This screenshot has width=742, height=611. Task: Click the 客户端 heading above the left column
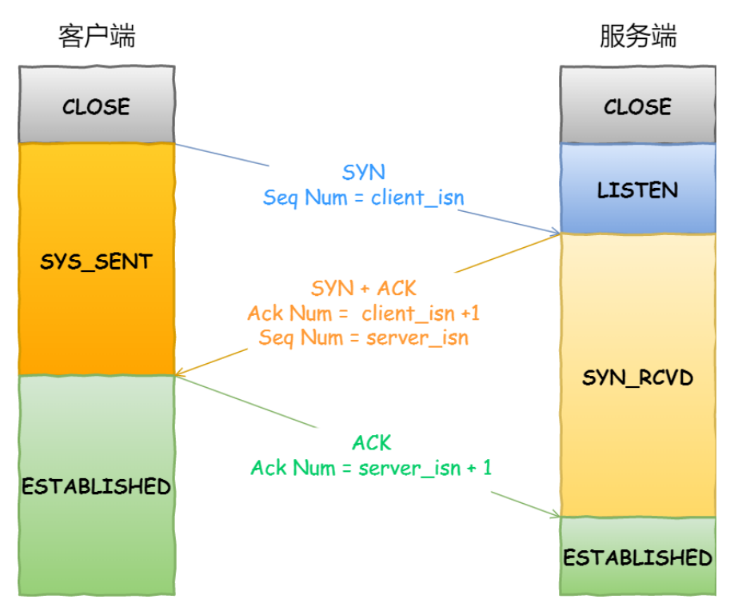pyautogui.click(x=97, y=36)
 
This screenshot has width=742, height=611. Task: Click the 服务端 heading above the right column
pyautogui.click(x=638, y=36)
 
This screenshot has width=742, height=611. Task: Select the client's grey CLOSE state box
pyautogui.click(x=97, y=105)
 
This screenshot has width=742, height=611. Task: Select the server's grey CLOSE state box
pyautogui.click(x=638, y=105)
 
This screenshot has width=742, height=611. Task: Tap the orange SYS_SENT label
pyautogui.click(x=97, y=262)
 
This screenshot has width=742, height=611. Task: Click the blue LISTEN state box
pyautogui.click(x=638, y=189)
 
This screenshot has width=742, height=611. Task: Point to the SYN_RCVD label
pyautogui.click(x=638, y=377)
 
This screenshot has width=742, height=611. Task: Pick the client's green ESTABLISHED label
pyautogui.click(x=97, y=486)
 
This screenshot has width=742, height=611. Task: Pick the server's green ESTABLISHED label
pyautogui.click(x=638, y=557)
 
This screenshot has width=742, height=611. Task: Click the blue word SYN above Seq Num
pyautogui.click(x=364, y=172)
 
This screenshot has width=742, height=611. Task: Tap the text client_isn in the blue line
pyautogui.click(x=417, y=198)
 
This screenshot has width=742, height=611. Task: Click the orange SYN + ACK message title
pyautogui.click(x=364, y=288)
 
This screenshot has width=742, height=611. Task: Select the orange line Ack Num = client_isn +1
pyautogui.click(x=364, y=313)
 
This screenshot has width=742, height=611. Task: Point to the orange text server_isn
pyautogui.click(x=417, y=338)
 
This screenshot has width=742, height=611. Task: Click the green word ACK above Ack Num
pyautogui.click(x=372, y=443)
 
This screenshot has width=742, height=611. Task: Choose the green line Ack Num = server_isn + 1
pyautogui.click(x=371, y=468)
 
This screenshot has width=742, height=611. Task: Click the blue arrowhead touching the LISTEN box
pyautogui.click(x=556, y=231)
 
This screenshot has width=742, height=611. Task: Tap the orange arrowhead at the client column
pyautogui.click(x=180, y=373)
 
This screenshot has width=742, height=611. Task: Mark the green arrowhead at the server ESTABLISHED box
pyautogui.click(x=555, y=514)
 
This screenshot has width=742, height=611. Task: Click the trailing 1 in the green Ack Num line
pyautogui.click(x=488, y=468)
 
